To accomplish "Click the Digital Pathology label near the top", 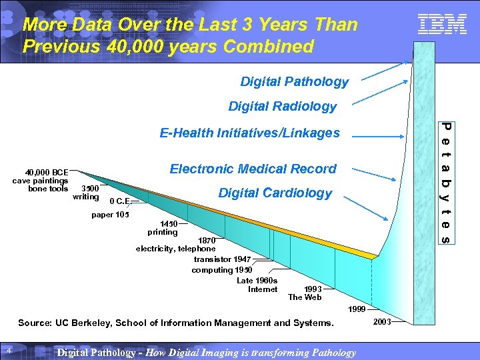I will [x=294, y=82].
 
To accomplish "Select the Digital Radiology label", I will [x=282, y=107].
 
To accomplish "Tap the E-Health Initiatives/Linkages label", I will [x=249, y=133].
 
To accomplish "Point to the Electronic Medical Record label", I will [x=253, y=169].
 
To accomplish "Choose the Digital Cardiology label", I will [x=275, y=193].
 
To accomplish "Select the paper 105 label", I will [x=110, y=215].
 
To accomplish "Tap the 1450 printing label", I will [x=163, y=228].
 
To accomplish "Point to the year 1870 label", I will [x=207, y=240].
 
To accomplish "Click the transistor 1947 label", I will [x=222, y=259].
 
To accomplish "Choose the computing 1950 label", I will [x=221, y=270].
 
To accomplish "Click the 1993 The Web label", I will [x=305, y=293].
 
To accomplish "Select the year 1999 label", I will [x=357, y=309].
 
